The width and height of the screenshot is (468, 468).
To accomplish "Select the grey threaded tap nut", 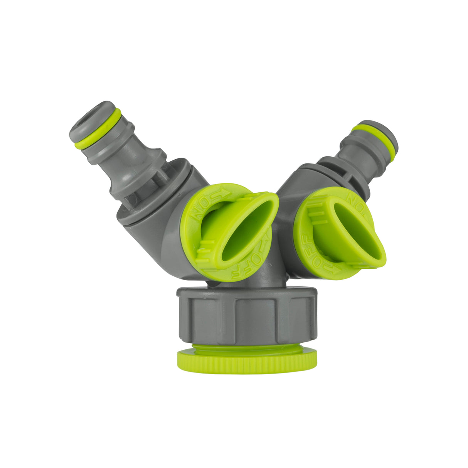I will (x=247, y=316).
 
